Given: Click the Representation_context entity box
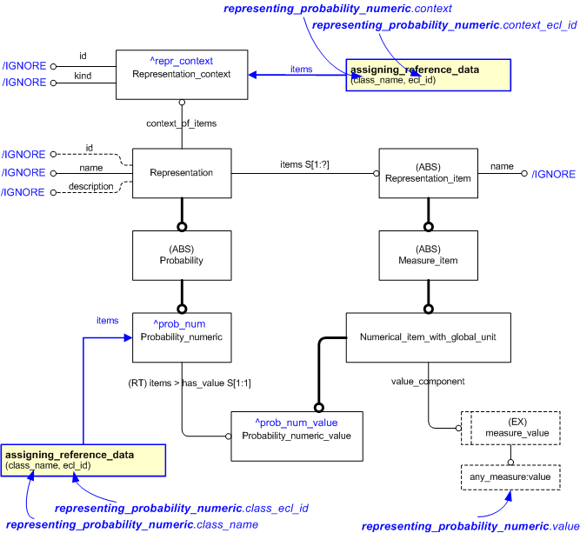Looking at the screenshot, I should pos(182,73).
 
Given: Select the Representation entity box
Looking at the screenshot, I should pos(182,173).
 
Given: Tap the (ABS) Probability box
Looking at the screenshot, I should pos(182,255).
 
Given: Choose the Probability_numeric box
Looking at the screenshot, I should pos(182,336).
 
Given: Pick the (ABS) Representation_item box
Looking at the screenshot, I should pos(428,173).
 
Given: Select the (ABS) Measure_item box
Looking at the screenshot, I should pos(428,255).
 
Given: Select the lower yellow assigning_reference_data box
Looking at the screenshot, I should pos(82,459).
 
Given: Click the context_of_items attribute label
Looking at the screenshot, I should pos(182,123).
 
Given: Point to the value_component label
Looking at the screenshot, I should pos(428,381).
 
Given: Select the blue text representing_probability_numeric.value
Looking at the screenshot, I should pos(469,526).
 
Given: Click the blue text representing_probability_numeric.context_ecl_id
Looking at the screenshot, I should pos(444,26).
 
